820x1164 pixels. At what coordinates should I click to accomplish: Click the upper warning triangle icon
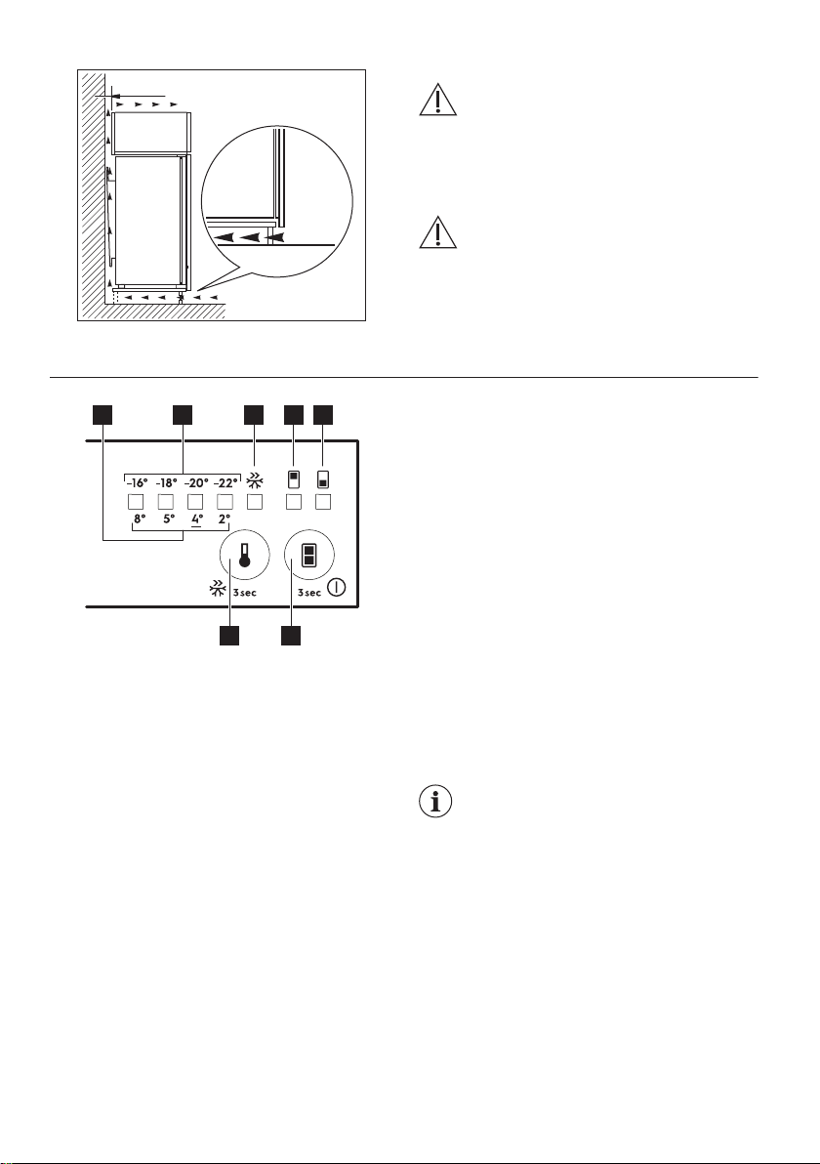(x=438, y=100)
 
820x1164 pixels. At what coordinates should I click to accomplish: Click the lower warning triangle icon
(x=438, y=231)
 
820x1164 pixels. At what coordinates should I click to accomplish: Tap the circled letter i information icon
(x=435, y=803)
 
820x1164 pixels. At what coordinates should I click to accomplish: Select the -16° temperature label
(x=136, y=481)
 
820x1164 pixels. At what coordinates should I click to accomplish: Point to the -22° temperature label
(x=225, y=481)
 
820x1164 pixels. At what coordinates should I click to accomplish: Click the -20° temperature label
(x=196, y=481)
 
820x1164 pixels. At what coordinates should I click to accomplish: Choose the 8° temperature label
(x=140, y=519)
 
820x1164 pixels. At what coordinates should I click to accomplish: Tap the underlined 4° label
(x=196, y=520)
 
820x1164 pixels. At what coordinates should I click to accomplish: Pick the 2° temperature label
(x=225, y=519)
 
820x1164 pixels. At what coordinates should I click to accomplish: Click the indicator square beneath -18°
(x=166, y=502)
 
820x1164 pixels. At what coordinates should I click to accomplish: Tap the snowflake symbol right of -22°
(x=255, y=480)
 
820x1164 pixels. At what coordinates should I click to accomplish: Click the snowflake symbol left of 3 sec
(x=219, y=589)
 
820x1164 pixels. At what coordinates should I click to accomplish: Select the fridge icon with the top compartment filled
(x=293, y=478)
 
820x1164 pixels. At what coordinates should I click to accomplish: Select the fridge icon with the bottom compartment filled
(x=323, y=478)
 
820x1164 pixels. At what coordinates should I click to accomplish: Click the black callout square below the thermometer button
(x=229, y=636)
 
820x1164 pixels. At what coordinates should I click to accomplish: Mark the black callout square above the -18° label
(x=183, y=415)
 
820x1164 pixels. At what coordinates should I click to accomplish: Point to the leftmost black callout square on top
(x=102, y=415)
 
